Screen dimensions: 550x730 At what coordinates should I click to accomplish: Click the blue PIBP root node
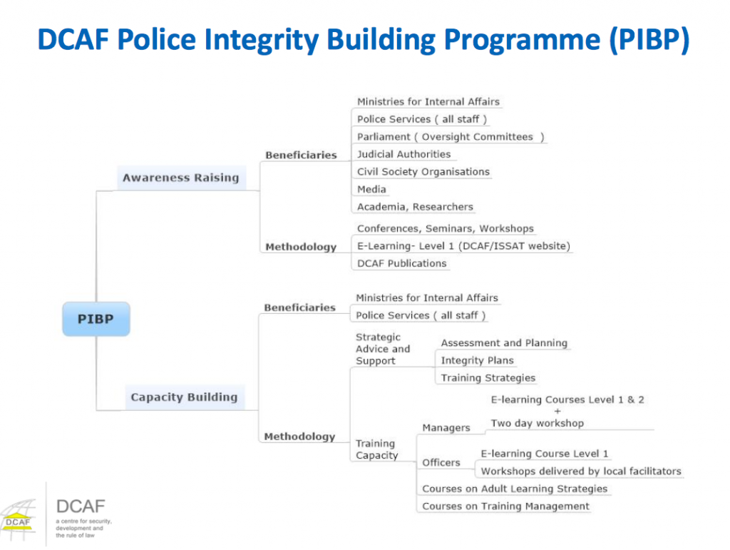96,319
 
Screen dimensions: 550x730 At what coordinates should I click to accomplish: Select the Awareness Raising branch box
180,178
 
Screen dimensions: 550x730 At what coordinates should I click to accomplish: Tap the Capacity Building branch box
184,397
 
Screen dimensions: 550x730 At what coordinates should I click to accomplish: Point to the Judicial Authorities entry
403,154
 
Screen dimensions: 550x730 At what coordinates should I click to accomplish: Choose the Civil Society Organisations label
423,172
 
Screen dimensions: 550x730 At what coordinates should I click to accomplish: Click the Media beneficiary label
371,189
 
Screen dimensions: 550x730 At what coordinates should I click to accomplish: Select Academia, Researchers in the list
415,207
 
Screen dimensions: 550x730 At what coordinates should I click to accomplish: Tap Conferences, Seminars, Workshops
445,229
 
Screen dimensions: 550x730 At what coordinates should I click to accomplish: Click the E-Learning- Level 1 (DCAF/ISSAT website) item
463,246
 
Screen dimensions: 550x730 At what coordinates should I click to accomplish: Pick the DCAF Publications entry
401,263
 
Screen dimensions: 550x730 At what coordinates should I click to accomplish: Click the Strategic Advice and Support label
383,349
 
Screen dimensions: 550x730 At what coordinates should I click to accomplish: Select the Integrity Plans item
477,360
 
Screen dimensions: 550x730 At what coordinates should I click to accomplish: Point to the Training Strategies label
488,378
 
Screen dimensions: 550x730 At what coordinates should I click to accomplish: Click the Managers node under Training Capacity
446,428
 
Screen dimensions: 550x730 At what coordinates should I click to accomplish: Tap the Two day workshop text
537,423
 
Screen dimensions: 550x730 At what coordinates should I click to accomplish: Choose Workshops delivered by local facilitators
580,471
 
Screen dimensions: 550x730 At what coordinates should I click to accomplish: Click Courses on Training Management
505,506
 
